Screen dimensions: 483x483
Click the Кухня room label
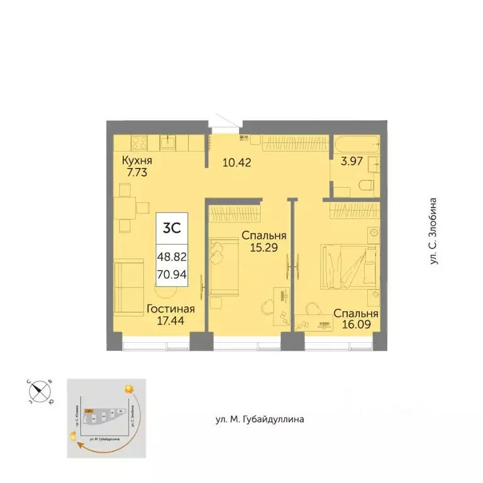coord(138,160)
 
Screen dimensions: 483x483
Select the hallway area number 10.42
coord(236,162)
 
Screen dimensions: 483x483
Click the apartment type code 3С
coord(172,228)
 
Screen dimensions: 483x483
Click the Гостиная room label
coord(170,309)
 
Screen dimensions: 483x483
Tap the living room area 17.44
coord(170,321)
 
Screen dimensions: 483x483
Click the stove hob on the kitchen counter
coord(138,142)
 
